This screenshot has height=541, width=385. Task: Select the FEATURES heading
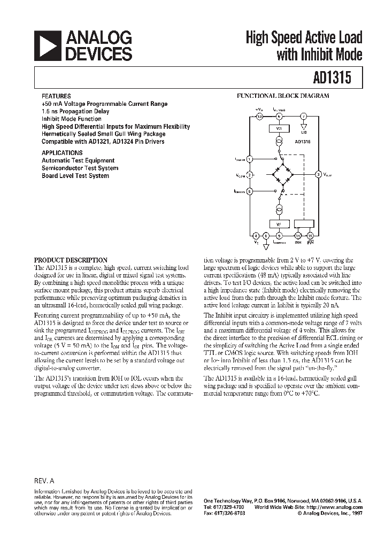click(56, 96)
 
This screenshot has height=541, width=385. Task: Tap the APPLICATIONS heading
click(62, 152)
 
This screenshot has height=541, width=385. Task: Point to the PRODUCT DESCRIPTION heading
click(71, 260)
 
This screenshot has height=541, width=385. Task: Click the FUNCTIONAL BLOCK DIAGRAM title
click(283, 96)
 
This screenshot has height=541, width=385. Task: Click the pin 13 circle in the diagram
click(260, 116)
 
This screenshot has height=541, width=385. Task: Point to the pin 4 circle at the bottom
click(256, 235)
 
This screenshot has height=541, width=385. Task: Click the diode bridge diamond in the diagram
click(283, 174)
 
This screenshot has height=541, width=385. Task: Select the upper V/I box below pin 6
click(278, 128)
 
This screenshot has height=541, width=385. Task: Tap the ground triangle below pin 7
click(303, 127)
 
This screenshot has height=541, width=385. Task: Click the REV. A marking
click(45, 481)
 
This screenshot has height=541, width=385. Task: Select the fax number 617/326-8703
click(228, 513)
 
